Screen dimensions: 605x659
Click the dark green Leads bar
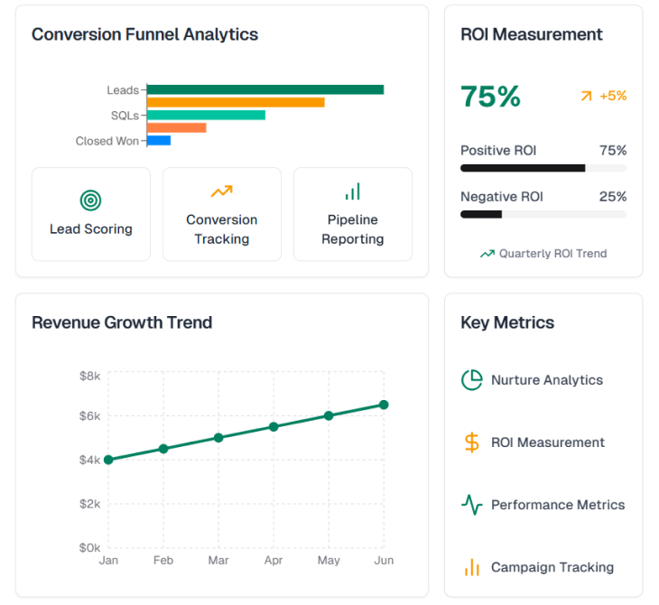click(x=265, y=89)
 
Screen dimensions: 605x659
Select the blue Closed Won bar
click(x=159, y=140)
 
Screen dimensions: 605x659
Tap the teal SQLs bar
click(x=206, y=115)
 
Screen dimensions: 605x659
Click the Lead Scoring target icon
click(x=90, y=200)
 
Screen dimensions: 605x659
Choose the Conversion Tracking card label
click(x=221, y=229)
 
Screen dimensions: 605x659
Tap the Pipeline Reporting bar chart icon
click(x=353, y=191)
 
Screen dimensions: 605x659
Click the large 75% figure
click(x=490, y=97)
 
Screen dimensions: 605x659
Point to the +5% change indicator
click(x=604, y=96)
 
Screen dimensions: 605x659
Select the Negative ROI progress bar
click(x=543, y=214)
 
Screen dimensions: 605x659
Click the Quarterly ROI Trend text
click(x=552, y=254)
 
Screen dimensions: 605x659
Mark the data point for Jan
click(x=108, y=460)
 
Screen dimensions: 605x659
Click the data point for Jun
click(x=384, y=405)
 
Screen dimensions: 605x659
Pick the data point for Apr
click(x=274, y=426)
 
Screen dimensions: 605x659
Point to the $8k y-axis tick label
click(x=89, y=375)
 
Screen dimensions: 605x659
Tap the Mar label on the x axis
click(x=218, y=561)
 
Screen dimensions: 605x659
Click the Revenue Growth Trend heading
click(x=122, y=322)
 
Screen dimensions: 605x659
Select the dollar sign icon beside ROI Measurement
click(x=471, y=442)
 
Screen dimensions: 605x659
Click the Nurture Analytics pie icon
click(x=471, y=380)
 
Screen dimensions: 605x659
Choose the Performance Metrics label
click(x=557, y=505)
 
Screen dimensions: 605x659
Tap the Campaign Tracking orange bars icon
click(x=471, y=567)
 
